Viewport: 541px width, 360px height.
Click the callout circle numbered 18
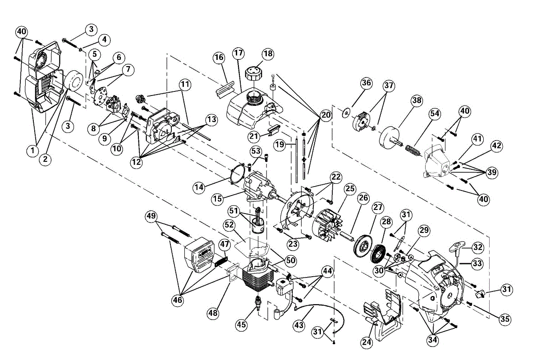coord(268,54)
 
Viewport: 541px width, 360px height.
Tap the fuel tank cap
coord(252,74)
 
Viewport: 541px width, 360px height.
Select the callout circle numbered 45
coord(241,325)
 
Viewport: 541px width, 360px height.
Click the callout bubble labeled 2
coord(45,159)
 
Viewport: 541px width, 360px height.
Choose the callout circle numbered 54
coord(435,114)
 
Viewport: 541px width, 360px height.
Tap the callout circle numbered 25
coord(350,189)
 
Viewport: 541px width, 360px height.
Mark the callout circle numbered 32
coord(477,247)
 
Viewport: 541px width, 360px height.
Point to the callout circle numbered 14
coord(199,187)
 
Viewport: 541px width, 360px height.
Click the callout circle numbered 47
coord(225,244)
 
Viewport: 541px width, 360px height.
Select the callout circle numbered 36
coord(366,83)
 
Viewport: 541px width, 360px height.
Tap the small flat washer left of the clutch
coord(347,113)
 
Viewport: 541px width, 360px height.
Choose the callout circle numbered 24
coord(367,342)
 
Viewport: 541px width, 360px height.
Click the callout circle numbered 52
coord(229,225)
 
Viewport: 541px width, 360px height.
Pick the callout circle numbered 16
coord(219,58)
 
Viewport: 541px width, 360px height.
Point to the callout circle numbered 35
coord(505,319)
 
